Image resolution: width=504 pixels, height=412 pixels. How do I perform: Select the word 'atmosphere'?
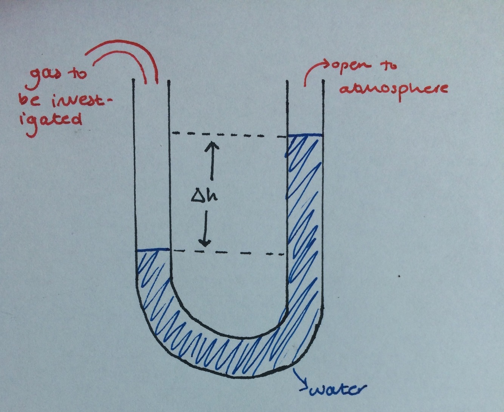click(393, 89)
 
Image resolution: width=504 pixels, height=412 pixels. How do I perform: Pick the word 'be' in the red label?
click(26, 100)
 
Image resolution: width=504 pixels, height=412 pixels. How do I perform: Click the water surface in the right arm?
click(305, 135)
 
